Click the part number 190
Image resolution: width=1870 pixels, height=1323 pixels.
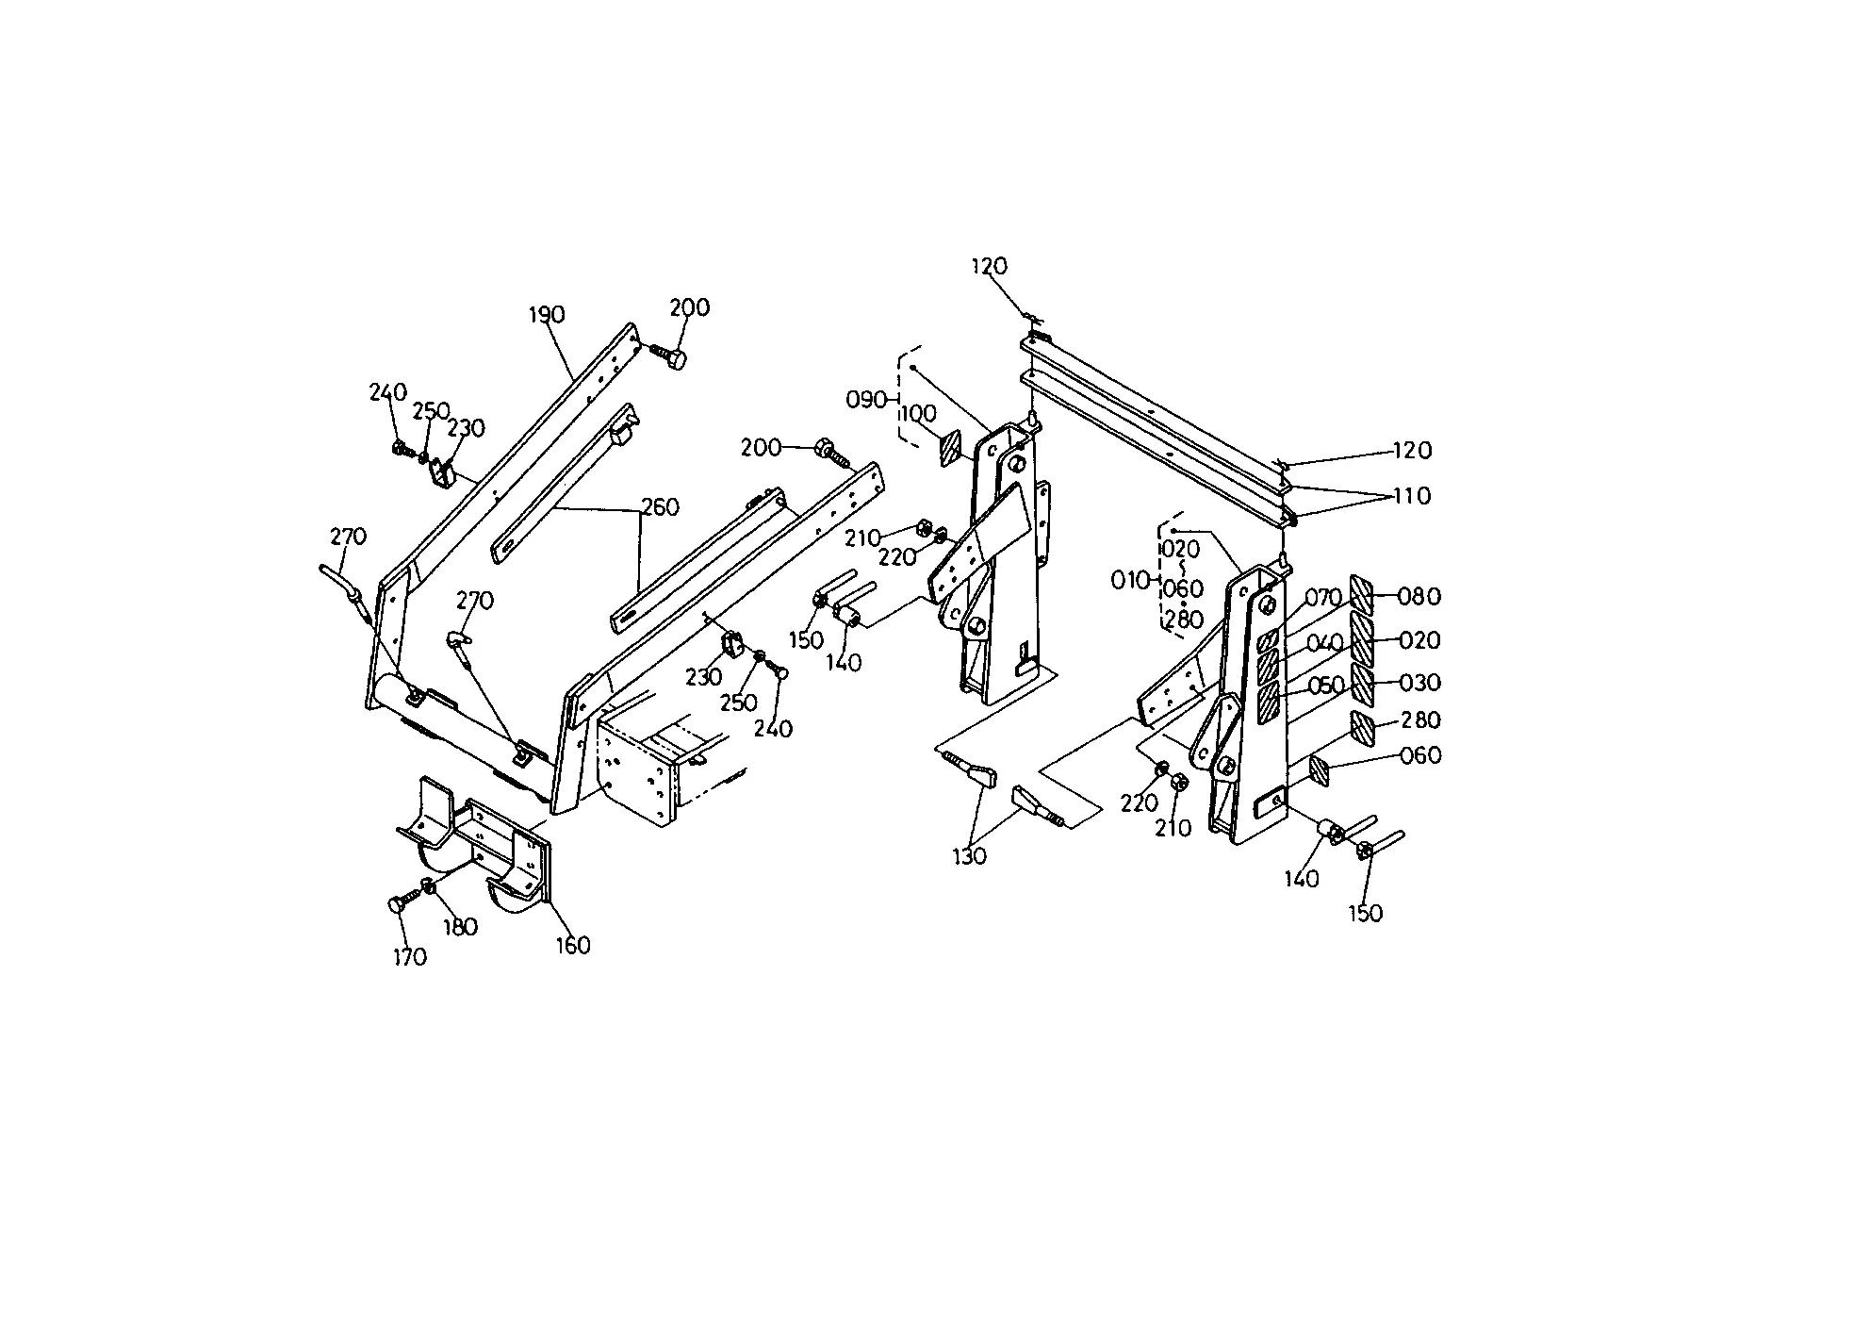click(547, 315)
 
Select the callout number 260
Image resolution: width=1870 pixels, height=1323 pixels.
click(660, 507)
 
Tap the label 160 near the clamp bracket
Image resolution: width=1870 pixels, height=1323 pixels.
click(572, 945)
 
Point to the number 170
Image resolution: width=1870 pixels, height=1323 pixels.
click(409, 957)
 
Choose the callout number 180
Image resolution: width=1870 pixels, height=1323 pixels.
click(460, 927)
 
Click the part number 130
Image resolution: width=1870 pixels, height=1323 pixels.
click(969, 856)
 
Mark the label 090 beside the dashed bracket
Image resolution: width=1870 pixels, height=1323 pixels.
click(866, 400)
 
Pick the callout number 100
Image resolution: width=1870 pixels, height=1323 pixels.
click(919, 414)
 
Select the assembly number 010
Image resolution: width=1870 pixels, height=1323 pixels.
click(1131, 581)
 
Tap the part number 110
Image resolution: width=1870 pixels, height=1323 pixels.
click(1412, 496)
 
